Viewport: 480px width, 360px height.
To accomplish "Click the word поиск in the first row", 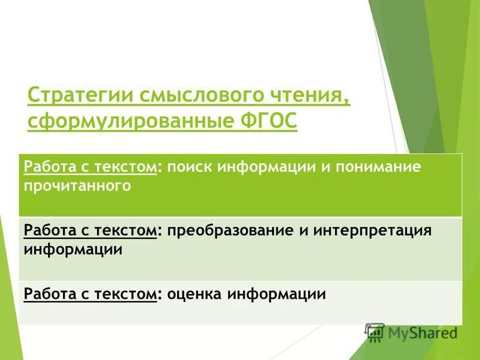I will [x=189, y=167].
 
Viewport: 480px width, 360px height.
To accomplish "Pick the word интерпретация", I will [x=380, y=231].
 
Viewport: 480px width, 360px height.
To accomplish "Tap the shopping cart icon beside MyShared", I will [x=374, y=332].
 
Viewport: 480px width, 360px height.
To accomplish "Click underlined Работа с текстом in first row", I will [x=90, y=167].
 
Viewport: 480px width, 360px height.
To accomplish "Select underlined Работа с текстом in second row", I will [x=90, y=231].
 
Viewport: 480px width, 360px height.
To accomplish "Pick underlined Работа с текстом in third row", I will [x=90, y=294].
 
